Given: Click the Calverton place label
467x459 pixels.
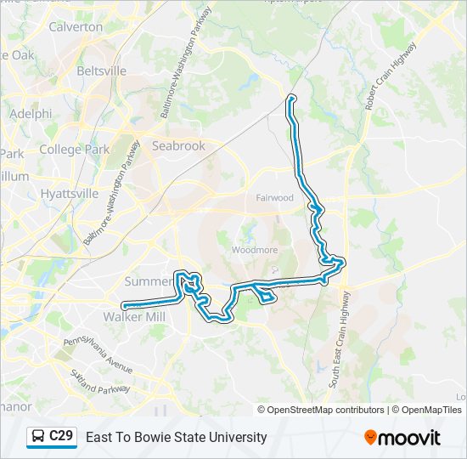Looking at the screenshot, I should [x=76, y=26].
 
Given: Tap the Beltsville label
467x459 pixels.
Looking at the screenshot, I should [x=101, y=71].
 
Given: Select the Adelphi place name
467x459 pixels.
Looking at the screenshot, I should [x=31, y=113].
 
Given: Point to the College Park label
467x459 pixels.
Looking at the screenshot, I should [x=74, y=150].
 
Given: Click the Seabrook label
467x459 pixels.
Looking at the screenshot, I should [x=178, y=145].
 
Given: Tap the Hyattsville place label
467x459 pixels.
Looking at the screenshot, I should [x=70, y=193].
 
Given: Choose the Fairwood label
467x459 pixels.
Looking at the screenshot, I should [x=274, y=198].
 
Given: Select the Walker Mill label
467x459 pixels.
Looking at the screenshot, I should [x=133, y=316].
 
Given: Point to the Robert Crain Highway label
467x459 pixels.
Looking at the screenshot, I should [x=391, y=76].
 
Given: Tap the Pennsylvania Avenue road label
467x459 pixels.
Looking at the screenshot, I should [x=97, y=357].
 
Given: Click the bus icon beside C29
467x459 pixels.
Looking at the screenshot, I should [x=38, y=437].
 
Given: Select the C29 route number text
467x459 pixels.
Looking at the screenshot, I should [x=61, y=436].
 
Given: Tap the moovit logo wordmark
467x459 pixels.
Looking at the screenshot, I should [x=410, y=438].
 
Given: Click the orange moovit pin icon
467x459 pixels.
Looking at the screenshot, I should [x=370, y=438].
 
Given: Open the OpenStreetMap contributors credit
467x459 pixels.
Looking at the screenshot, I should [x=326, y=410].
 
